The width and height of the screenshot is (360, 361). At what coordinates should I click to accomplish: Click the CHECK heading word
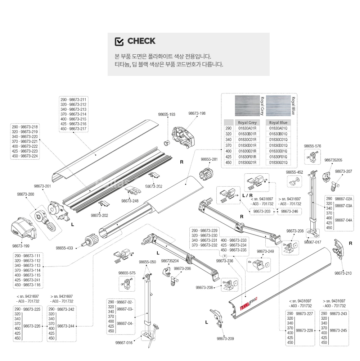pos(141,41)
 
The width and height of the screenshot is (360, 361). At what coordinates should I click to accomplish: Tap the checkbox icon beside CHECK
pos(119,41)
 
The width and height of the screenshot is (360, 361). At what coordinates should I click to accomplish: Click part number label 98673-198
pos(197,113)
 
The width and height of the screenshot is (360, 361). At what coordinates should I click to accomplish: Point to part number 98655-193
pos(167,114)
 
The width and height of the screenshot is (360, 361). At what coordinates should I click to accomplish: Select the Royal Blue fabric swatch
pos(278,105)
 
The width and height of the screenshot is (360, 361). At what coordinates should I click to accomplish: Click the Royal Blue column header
pos(279,123)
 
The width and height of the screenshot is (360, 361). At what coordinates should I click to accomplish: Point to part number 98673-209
pos(225,339)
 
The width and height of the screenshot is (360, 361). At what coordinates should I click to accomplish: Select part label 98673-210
pos(343,273)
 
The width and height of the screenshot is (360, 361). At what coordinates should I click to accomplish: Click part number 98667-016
pos(124,343)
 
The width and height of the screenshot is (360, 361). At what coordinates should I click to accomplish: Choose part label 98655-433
pos(64,248)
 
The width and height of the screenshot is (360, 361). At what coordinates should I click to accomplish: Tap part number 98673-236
pos(225,261)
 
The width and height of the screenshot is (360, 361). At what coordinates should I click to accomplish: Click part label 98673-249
pos(265,251)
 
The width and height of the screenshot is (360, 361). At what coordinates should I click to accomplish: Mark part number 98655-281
pos(209,159)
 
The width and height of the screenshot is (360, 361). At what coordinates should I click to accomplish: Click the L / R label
pos(247,195)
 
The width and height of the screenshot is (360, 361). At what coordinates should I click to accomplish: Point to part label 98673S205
pos(333,160)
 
